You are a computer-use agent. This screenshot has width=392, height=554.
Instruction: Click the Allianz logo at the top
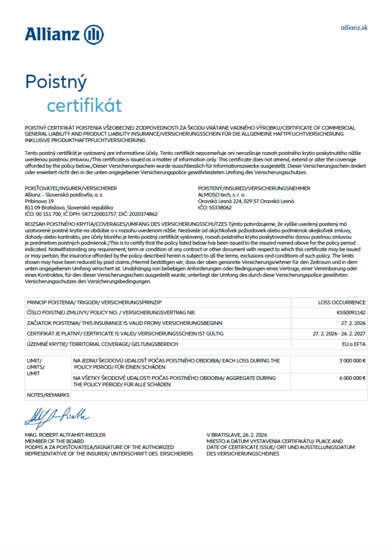(x=63, y=34)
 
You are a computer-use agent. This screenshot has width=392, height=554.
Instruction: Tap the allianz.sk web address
(x=354, y=27)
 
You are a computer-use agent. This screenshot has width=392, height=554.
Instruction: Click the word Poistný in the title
(x=56, y=82)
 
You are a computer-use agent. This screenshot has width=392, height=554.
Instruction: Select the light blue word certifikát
(x=84, y=105)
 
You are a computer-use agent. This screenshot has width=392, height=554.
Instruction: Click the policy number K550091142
(x=351, y=312)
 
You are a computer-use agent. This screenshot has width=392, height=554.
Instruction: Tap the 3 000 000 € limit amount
(x=352, y=361)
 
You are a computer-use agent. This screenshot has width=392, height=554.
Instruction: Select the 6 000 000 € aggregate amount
(x=352, y=378)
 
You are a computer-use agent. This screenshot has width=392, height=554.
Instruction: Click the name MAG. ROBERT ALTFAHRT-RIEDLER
(x=65, y=435)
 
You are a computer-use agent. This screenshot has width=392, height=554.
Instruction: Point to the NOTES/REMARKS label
(x=48, y=395)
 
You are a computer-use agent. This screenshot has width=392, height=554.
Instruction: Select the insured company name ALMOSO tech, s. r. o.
(x=222, y=195)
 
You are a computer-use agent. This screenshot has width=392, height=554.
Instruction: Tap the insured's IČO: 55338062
(x=215, y=207)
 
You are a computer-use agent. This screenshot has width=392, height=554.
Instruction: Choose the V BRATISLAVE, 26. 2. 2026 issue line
(x=237, y=435)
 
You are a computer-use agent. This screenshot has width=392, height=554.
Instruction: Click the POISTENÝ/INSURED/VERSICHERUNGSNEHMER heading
(x=254, y=188)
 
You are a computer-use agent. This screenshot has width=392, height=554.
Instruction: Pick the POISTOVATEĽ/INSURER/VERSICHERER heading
(x=71, y=188)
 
